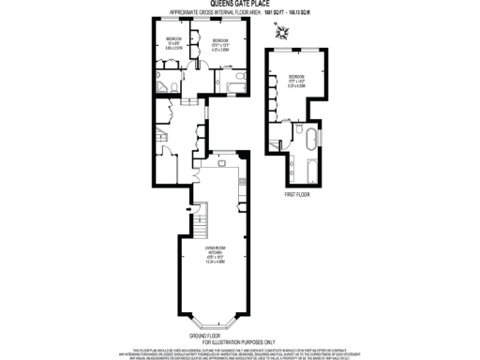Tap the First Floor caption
click(x=296, y=195)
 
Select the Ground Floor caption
click(x=211, y=335)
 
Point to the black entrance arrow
click(x=187, y=208)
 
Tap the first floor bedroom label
click(x=296, y=79)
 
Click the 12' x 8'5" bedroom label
click(x=174, y=43)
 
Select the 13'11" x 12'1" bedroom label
click(x=220, y=45)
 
